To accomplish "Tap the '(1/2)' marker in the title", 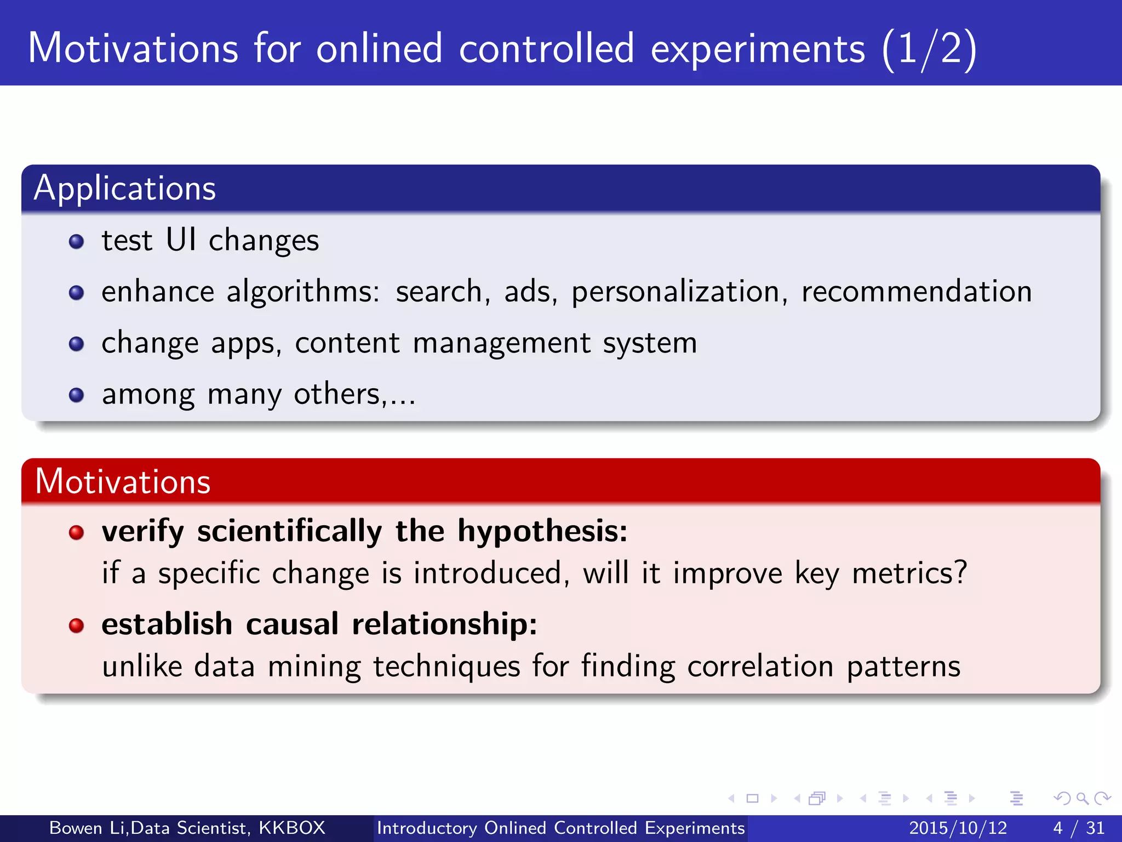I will [929, 49].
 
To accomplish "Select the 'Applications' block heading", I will [125, 189].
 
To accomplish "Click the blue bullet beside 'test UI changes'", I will [77, 242].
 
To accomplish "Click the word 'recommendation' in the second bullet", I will [917, 292].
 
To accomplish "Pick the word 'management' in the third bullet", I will [502, 344].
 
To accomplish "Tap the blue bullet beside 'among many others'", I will [77, 395].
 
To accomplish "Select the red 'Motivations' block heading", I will [123, 482].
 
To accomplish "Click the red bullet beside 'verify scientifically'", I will [77, 532].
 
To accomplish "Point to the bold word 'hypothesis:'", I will [542, 532].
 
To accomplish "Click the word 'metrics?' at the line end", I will [909, 573].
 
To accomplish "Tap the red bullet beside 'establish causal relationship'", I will [77, 625].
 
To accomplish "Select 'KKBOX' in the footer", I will [292, 828].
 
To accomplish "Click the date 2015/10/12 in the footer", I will [958, 828].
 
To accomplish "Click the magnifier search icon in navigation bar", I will [1082, 799].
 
